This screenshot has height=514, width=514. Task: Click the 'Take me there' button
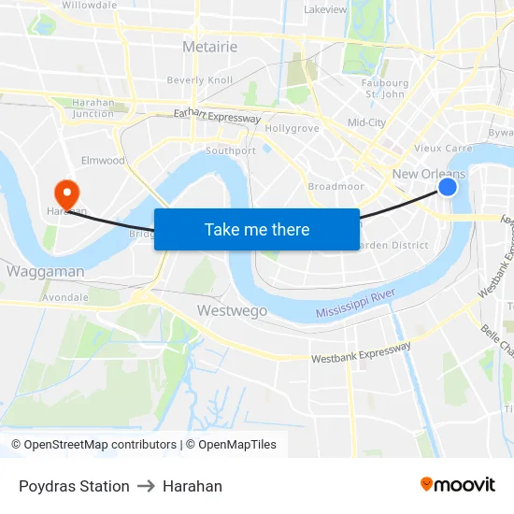click(x=257, y=229)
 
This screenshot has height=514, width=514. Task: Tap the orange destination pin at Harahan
click(x=66, y=193)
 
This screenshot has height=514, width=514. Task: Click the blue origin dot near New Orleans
click(x=448, y=187)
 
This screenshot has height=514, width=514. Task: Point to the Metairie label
click(x=209, y=47)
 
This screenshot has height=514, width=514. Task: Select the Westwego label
click(x=232, y=310)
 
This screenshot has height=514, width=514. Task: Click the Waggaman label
click(x=45, y=272)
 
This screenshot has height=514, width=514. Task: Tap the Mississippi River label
click(x=355, y=303)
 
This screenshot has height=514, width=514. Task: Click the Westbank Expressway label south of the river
click(x=361, y=352)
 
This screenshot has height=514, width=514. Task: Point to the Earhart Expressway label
click(x=217, y=116)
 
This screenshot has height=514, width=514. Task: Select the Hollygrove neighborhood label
click(x=292, y=128)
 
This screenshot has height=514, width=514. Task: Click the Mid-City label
click(x=366, y=122)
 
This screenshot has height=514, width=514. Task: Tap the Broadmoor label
click(x=336, y=187)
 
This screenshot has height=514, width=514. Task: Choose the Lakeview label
click(x=325, y=9)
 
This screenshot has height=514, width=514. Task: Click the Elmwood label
click(x=103, y=161)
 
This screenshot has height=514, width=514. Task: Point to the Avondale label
click(x=65, y=297)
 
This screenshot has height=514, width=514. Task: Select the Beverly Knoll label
click(x=199, y=80)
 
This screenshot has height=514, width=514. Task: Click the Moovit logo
click(x=457, y=484)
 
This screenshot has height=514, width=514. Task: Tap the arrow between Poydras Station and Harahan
click(x=146, y=486)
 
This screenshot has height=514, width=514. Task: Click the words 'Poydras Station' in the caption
click(x=74, y=486)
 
